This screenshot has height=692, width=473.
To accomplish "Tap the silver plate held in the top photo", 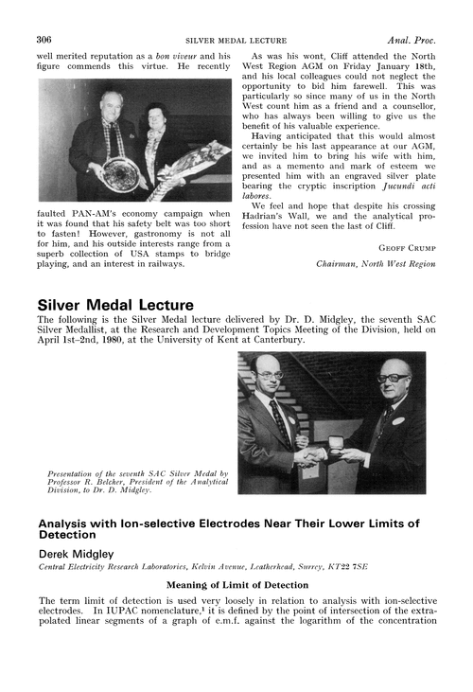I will (x=121, y=172).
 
